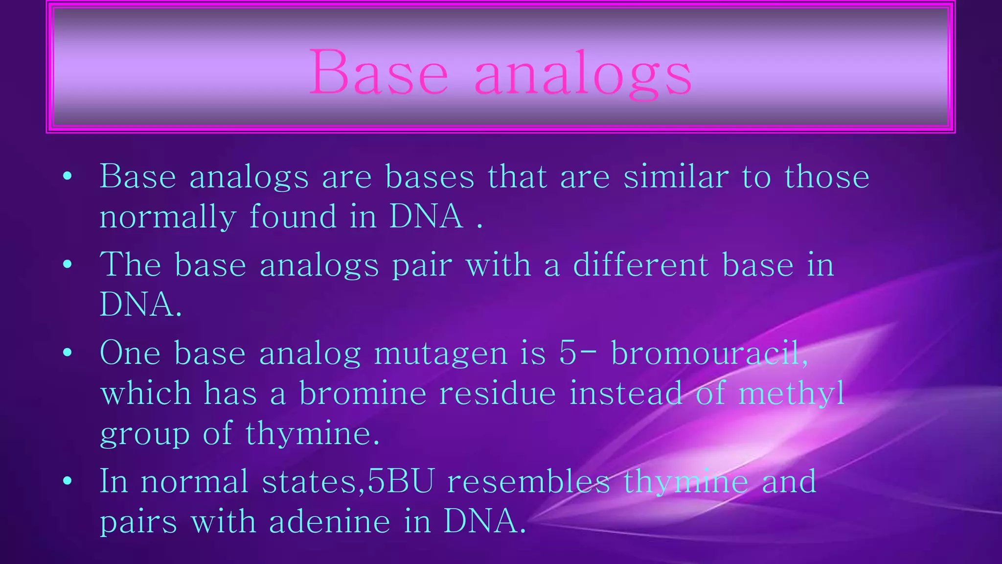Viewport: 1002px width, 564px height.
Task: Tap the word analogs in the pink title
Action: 582,74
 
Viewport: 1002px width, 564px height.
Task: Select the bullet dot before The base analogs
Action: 68,265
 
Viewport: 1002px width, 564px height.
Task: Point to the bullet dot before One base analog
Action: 68,352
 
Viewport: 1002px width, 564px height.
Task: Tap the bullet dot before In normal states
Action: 68,481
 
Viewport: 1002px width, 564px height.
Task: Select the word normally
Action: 167,217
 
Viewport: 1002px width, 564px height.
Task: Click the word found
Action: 293,216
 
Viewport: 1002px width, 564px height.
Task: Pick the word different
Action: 640,265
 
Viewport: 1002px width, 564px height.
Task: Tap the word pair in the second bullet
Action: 422,266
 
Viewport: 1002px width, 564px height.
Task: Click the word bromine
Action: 363,393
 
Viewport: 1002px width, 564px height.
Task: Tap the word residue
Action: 497,393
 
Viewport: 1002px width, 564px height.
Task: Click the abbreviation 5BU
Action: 400,481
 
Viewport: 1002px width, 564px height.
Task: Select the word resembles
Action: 528,481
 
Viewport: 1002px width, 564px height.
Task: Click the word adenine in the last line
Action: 330,521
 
